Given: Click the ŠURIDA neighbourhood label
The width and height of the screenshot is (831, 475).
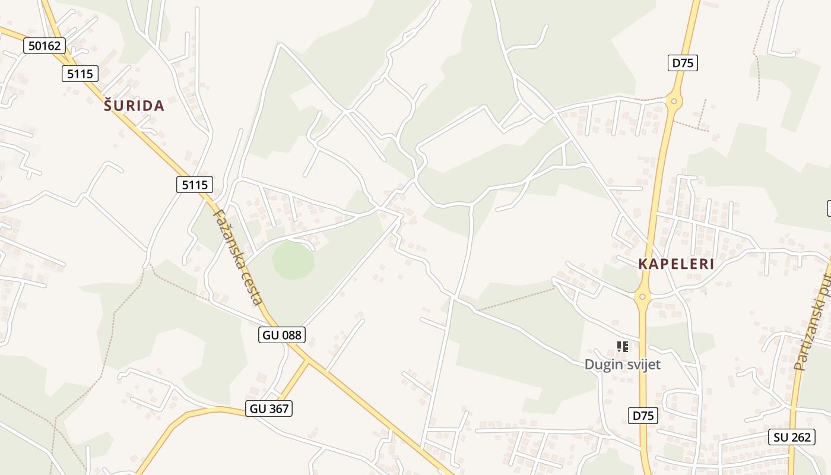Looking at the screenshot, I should coord(134,106).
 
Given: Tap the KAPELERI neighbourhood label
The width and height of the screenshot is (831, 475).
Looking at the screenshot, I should coord(676,264).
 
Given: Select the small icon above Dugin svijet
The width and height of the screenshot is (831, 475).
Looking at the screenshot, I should coord(622,346).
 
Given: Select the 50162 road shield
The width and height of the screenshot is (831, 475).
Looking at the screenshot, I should coord(45,45).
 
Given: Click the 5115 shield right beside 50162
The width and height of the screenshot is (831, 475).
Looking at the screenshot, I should coord(80,74).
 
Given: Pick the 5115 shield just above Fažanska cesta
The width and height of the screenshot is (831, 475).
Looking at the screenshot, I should coord(194,185).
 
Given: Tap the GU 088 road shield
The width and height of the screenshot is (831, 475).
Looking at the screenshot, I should coord(282,335).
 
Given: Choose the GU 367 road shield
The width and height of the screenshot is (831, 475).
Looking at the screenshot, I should coord(269,408).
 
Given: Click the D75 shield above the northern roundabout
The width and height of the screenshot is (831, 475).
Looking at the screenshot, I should coord(683,63).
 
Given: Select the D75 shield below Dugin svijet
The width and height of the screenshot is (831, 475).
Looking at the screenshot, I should coord(643,416).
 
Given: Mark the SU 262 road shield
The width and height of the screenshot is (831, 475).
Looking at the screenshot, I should coord(792,438).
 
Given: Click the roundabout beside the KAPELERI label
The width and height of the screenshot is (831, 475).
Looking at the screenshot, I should coord(643,296).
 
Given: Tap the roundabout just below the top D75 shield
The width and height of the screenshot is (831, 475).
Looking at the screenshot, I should coord(674,100).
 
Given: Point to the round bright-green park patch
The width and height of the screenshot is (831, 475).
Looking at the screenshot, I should coord(293,259).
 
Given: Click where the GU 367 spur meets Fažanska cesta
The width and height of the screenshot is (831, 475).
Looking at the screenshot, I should coord(310,360).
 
